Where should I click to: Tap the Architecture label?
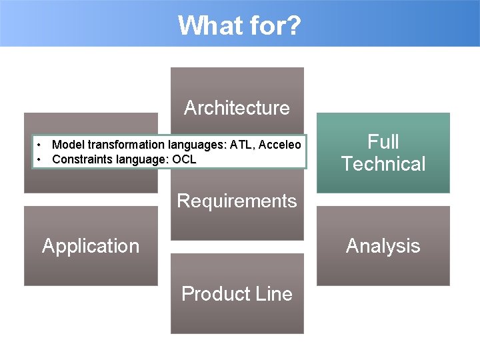[x=237, y=108]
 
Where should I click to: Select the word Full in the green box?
[x=383, y=141]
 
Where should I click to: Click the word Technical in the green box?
[x=383, y=164]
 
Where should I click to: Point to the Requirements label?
[x=237, y=201]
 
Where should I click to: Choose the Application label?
[x=91, y=246]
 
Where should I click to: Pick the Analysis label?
[x=383, y=246]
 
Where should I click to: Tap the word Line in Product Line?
[x=274, y=294]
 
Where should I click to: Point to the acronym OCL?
[x=184, y=159]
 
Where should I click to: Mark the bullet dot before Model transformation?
[x=41, y=145]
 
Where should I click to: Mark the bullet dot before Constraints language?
[x=41, y=159]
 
